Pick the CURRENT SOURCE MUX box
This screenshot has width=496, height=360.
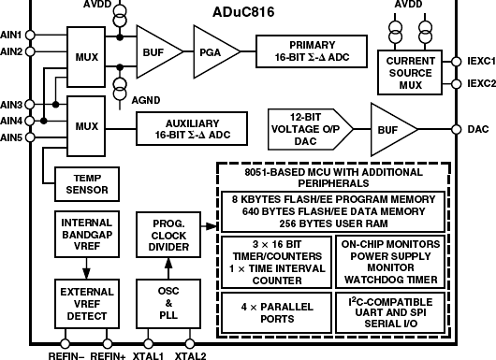point(413,70)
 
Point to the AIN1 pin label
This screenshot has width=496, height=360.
point(11,35)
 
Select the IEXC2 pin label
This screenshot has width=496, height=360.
point(479,82)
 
